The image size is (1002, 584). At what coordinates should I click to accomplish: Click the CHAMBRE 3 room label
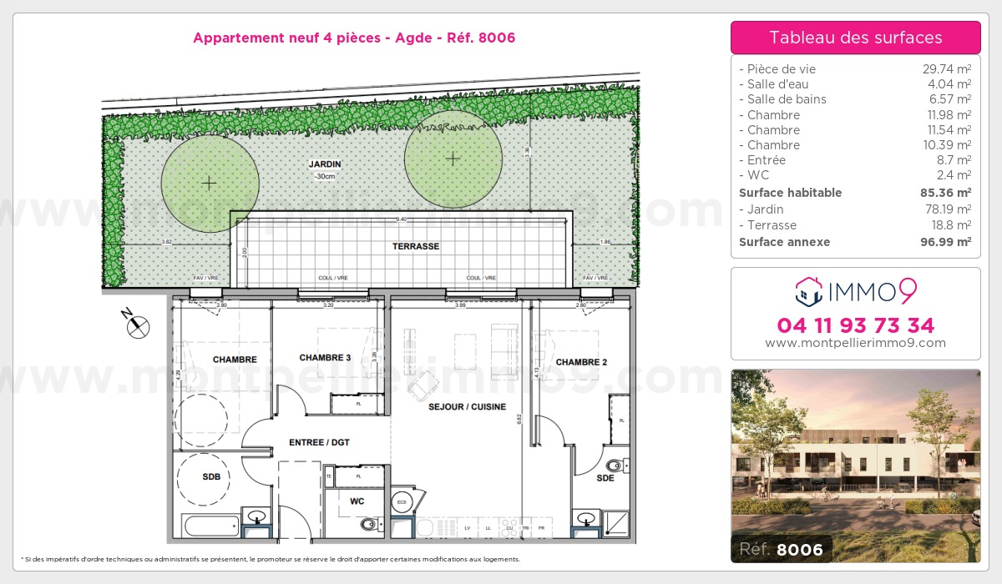coord(326,358)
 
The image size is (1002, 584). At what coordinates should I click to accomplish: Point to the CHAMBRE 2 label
coord(580,362)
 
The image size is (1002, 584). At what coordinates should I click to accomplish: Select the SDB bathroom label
coord(211,477)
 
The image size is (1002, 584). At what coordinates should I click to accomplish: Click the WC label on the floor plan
coord(357,501)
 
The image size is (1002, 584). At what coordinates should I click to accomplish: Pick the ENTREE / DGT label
coord(319,442)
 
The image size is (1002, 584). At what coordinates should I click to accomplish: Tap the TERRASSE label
coord(416,247)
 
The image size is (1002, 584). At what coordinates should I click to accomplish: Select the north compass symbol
coord(137,326)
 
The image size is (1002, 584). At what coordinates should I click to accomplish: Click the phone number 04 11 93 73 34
coord(855,325)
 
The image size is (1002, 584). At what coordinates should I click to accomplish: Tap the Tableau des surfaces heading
coord(855,38)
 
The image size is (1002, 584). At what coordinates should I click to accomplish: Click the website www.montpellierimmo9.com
coord(855,343)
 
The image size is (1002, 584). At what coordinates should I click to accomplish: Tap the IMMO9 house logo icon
coord(808,289)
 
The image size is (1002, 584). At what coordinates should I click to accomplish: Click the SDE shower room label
coord(605,478)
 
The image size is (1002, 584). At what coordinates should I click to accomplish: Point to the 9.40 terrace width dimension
coord(401,219)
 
